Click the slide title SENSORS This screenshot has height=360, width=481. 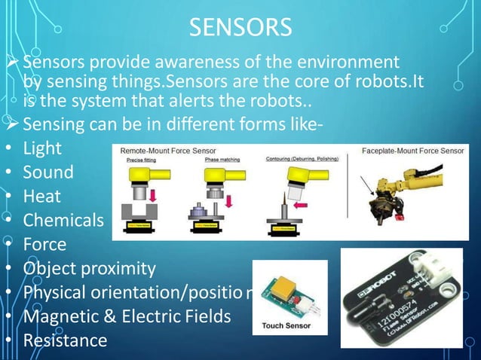point(240,28)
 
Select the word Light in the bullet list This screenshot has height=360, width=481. point(42,148)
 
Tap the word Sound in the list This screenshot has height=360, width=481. point(48,172)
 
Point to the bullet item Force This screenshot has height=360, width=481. point(44,244)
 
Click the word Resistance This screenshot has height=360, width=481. point(65,340)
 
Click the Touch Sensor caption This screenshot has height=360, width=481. point(289,327)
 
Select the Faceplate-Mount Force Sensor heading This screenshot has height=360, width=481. point(412,151)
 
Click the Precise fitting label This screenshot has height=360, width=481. point(141,159)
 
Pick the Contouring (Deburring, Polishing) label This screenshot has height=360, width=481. point(299,159)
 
